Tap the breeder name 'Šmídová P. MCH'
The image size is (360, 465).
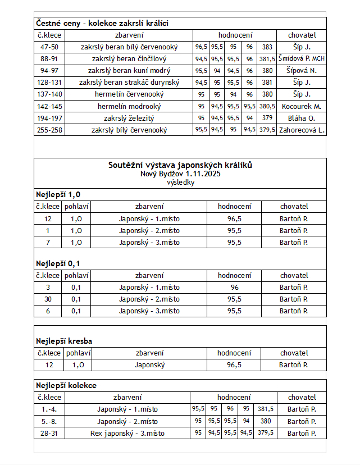click(302, 59)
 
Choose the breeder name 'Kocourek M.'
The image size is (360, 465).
click(302, 106)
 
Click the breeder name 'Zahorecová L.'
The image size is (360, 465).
click(302, 130)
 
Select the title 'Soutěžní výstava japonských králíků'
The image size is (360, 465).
click(180, 165)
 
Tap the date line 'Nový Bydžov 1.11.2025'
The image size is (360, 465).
click(180, 174)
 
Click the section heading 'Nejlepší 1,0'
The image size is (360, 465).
click(58, 195)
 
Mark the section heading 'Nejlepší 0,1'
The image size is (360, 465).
click(58, 263)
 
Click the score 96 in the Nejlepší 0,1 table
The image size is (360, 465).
click(235, 288)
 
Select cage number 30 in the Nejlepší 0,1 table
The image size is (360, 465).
click(48, 299)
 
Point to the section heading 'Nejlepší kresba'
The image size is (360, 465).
click(64, 341)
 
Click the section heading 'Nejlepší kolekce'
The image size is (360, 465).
click(66, 386)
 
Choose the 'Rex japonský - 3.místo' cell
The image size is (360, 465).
click(127, 433)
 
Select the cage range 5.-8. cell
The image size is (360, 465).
click(49, 421)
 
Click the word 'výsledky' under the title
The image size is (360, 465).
click(180, 183)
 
